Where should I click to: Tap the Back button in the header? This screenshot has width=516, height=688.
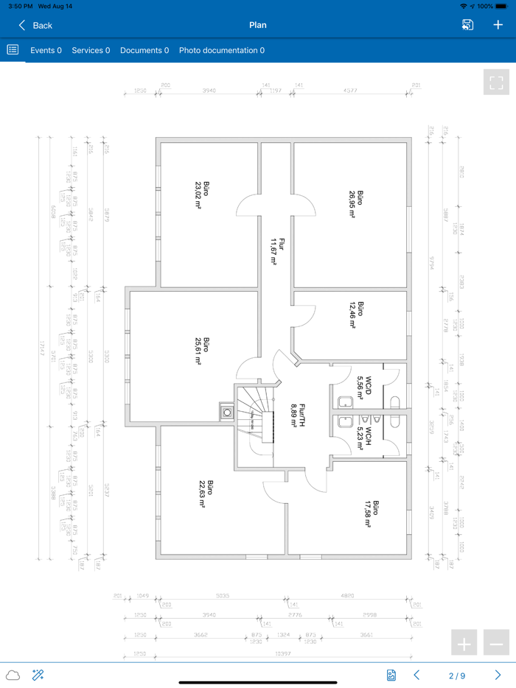(35, 25)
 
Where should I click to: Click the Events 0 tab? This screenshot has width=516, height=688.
(46, 51)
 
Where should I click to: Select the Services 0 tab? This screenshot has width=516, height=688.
(91, 51)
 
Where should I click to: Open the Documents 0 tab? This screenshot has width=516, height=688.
(144, 51)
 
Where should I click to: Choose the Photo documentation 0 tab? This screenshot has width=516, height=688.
(222, 51)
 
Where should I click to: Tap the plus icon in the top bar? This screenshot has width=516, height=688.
(498, 25)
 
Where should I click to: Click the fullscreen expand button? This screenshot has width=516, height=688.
(496, 82)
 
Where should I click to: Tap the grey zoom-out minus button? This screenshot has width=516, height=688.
(496, 643)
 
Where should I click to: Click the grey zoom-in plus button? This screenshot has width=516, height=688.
(464, 643)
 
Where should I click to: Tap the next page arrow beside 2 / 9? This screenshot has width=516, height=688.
(498, 675)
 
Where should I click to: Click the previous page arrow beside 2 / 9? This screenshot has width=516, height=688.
(416, 675)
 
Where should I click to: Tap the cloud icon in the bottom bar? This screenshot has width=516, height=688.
(13, 675)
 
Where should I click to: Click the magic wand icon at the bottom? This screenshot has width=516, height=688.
(38, 675)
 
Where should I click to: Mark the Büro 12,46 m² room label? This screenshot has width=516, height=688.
(356, 313)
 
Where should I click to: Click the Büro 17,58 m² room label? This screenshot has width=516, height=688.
(371, 513)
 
